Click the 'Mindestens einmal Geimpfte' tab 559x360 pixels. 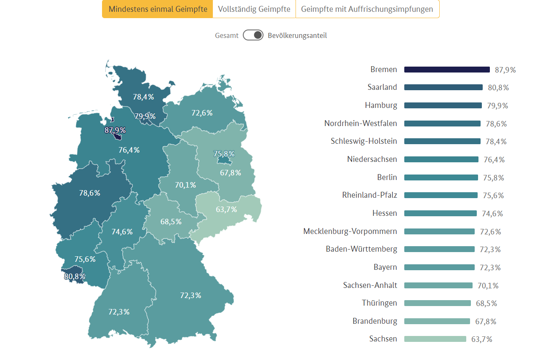[x=158, y=9]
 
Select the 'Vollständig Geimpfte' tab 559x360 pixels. [x=254, y=9]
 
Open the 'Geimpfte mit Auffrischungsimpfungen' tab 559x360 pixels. [x=367, y=9]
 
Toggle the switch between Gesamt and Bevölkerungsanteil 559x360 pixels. [x=253, y=35]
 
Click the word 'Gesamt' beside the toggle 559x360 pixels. [x=227, y=35]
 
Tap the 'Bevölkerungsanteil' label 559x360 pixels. [x=297, y=35]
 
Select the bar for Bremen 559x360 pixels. [x=447, y=70]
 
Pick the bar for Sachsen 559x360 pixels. [x=435, y=339]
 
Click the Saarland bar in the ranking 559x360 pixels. [x=443, y=87]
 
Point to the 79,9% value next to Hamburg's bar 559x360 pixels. [x=497, y=106]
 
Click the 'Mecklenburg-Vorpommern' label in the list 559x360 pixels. [x=350, y=231]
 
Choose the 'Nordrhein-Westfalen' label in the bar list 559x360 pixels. [x=360, y=124]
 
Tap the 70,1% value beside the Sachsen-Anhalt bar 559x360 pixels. [x=488, y=286]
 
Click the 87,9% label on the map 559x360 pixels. [x=115, y=130]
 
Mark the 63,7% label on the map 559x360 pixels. [x=226, y=209]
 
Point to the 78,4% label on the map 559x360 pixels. [x=143, y=97]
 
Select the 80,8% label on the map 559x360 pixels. [x=75, y=277]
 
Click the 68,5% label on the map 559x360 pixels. [x=171, y=221]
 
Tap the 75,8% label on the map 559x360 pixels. [x=224, y=154]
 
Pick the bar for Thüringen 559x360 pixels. [x=437, y=303]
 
